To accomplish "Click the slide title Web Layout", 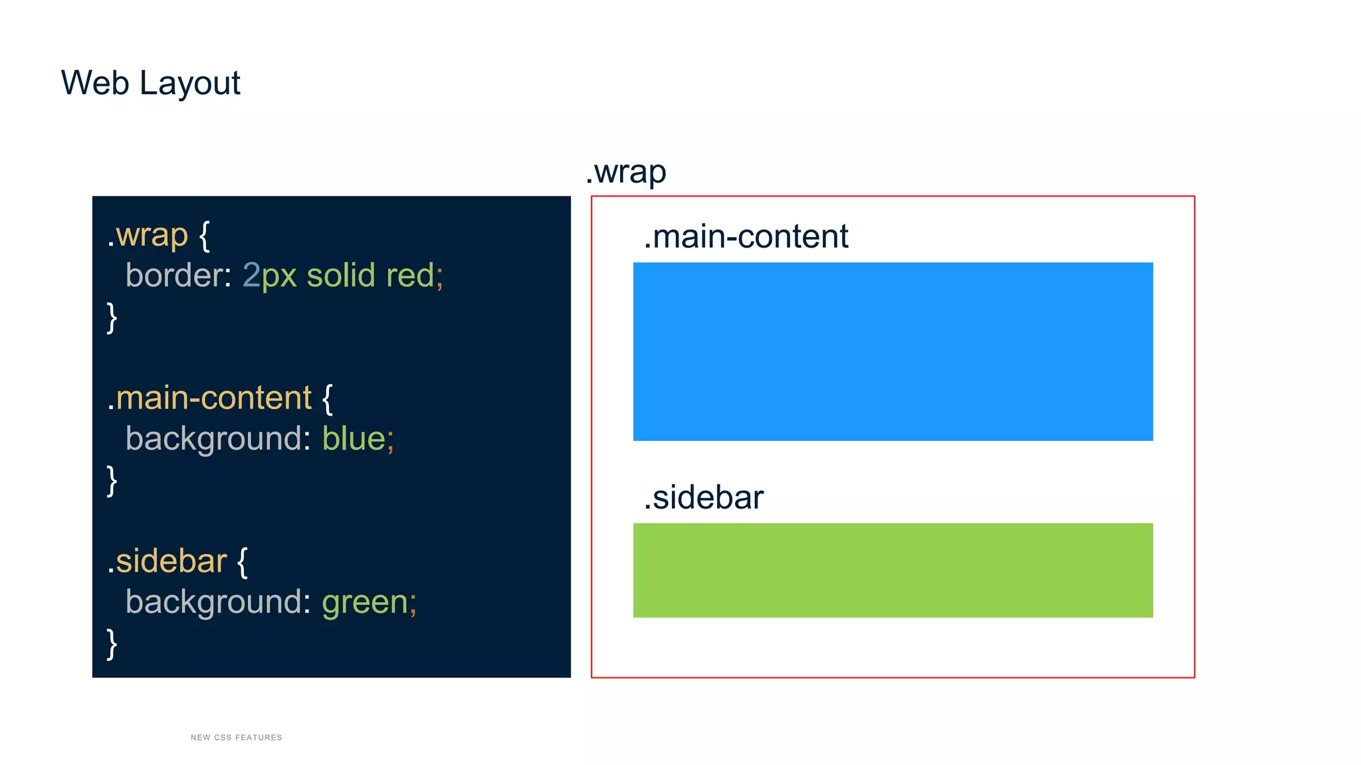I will [x=150, y=84].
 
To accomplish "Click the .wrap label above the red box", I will [x=625, y=173].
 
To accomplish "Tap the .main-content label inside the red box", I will [x=746, y=237].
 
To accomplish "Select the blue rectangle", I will [x=892, y=351].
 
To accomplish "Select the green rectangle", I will [x=892, y=570].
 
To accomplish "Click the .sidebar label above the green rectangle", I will [x=703, y=498].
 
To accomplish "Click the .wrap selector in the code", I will [x=148, y=236].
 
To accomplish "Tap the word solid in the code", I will [x=341, y=276].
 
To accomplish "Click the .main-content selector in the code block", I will [x=209, y=398].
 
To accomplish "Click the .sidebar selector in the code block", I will [x=167, y=561].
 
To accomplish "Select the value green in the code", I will [x=365, y=602].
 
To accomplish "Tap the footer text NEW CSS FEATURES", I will [x=236, y=737].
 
